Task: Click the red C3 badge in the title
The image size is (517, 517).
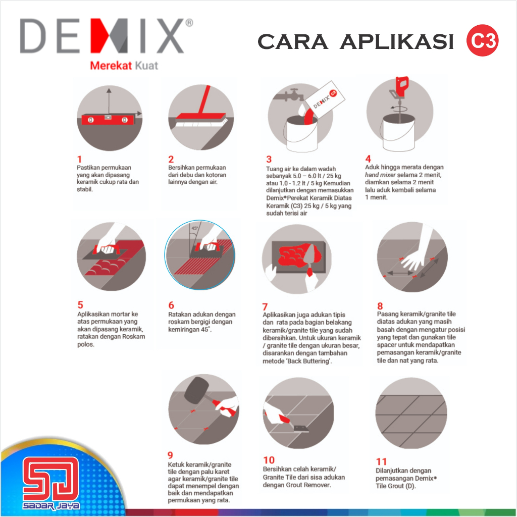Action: [482, 41]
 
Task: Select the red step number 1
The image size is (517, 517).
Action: [79, 159]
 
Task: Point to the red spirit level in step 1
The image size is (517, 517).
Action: [109, 119]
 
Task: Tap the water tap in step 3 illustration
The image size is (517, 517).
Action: [291, 96]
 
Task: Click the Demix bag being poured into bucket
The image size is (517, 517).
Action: [323, 98]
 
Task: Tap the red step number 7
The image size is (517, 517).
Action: [265, 306]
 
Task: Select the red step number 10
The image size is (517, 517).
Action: [269, 460]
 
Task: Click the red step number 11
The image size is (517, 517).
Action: [382, 461]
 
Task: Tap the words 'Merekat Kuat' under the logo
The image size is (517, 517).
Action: [124, 66]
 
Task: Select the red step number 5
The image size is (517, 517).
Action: [80, 304]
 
